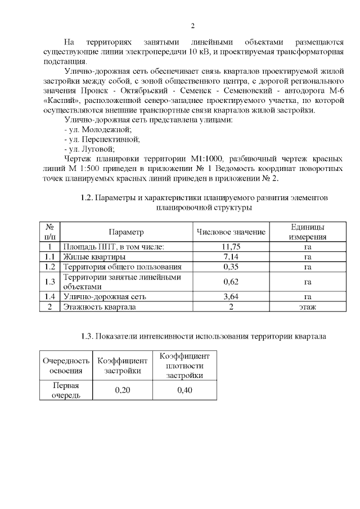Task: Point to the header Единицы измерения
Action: point(307,232)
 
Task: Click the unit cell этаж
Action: point(307,307)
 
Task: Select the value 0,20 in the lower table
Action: point(123,390)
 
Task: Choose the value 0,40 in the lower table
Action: point(184,390)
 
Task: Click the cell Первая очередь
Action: point(66,390)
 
